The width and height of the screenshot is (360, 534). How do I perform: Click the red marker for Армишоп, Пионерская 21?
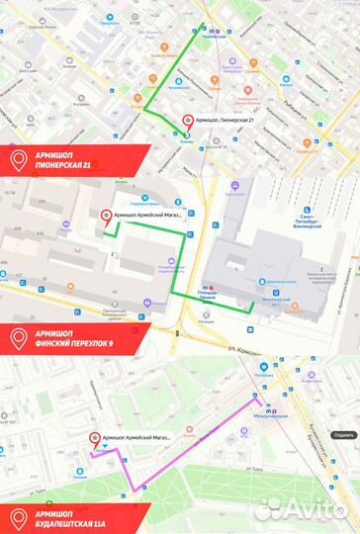187,121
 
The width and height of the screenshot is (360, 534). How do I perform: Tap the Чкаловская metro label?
222,31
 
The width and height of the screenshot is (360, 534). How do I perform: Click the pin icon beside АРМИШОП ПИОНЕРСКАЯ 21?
18,159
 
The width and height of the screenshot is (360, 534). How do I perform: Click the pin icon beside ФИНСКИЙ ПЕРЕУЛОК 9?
18,310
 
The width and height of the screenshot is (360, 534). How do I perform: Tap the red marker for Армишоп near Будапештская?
95,437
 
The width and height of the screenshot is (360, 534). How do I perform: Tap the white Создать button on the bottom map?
344,434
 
